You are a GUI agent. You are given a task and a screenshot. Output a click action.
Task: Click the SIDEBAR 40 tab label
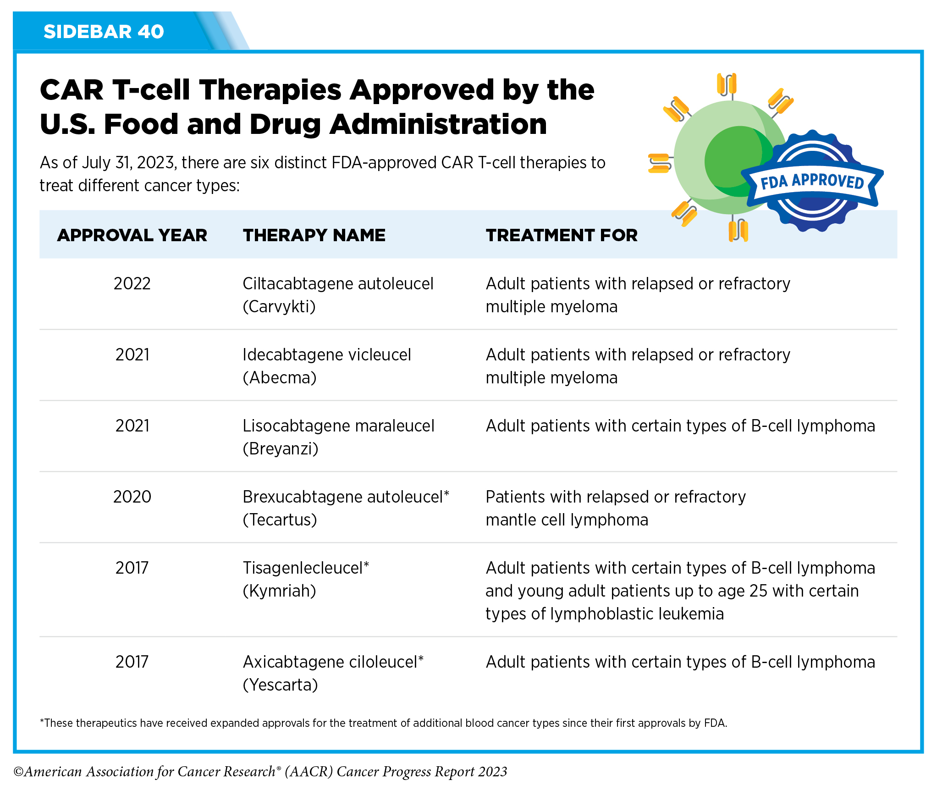[104, 32]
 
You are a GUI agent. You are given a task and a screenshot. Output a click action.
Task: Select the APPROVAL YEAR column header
[132, 235]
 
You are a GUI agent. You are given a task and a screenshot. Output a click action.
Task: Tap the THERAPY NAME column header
[314, 235]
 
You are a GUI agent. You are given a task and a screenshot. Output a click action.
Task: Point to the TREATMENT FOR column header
[562, 235]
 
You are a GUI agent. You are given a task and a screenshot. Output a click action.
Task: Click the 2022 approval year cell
[132, 284]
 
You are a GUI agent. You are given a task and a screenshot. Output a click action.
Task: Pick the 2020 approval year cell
[132, 497]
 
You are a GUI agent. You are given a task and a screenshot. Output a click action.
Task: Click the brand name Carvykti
[279, 307]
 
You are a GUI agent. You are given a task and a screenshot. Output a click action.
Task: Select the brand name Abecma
[280, 378]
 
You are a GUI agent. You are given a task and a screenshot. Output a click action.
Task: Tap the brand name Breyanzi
[281, 449]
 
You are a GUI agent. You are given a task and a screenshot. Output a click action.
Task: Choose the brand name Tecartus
[280, 520]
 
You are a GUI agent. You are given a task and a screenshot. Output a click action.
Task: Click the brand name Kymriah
[280, 591]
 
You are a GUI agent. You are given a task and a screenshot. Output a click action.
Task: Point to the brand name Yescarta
[281, 685]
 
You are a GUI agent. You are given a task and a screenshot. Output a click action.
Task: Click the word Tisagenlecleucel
[303, 568]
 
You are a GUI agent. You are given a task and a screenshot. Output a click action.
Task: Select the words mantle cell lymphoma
[567, 520]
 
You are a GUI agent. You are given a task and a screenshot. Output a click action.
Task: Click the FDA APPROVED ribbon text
[812, 182]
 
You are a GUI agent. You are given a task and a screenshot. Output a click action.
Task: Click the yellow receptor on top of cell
[727, 84]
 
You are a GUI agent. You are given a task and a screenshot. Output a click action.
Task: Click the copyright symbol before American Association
[18, 772]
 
